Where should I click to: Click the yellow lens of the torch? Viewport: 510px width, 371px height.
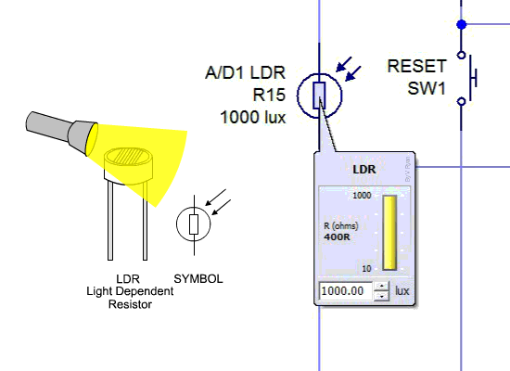(x=92, y=140)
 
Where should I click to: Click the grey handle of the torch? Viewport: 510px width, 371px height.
(x=48, y=126)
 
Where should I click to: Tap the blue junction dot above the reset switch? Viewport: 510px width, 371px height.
(x=462, y=24)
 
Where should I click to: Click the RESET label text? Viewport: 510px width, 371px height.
(x=416, y=67)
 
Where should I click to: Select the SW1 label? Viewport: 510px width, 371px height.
(x=427, y=88)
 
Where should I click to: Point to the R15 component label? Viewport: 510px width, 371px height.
(x=269, y=95)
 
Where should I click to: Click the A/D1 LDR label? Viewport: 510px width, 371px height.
(x=245, y=72)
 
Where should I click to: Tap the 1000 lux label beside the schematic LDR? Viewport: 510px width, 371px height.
(x=253, y=117)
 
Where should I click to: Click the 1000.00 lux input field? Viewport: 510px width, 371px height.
(x=346, y=291)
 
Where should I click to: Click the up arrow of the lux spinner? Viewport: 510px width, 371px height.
(x=381, y=287)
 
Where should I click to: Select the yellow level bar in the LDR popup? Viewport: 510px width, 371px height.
(x=389, y=233)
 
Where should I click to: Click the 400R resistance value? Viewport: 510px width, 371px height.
(x=337, y=237)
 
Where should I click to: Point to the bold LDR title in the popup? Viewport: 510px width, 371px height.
(x=364, y=169)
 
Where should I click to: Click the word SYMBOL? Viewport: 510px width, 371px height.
(x=198, y=279)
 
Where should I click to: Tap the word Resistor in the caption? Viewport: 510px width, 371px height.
(x=130, y=304)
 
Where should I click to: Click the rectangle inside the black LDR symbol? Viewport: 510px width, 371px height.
(x=194, y=224)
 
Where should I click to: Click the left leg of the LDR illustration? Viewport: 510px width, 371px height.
(x=110, y=221)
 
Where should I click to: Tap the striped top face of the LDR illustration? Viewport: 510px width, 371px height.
(x=129, y=156)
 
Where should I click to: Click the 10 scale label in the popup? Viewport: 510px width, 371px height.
(x=366, y=269)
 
